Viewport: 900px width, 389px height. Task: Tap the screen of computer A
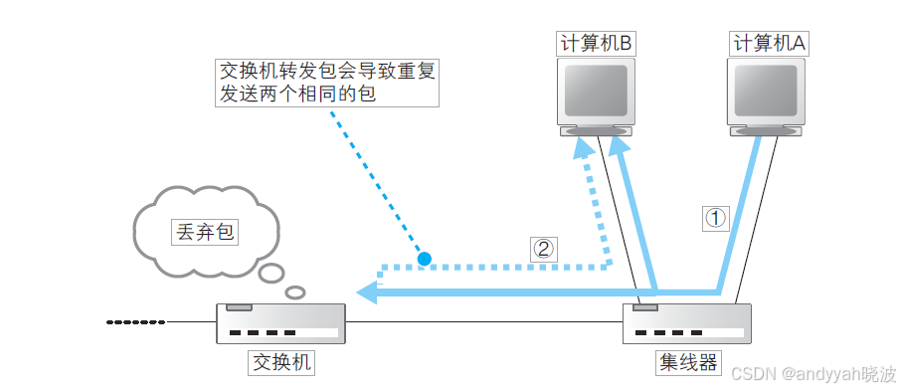point(766,91)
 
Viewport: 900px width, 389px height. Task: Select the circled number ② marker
point(542,249)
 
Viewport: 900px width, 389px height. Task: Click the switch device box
point(281,324)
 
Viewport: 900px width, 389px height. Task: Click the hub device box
point(686,324)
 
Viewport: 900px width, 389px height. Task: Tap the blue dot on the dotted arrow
point(425,260)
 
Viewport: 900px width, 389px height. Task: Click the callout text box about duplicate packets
point(327,84)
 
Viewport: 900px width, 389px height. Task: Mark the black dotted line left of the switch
point(136,322)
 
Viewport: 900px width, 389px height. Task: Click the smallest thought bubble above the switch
point(295,292)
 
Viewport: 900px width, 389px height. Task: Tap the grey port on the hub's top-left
point(645,307)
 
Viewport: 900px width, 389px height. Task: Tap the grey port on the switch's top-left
point(240,307)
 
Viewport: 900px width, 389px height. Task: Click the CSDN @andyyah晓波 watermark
point(810,372)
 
